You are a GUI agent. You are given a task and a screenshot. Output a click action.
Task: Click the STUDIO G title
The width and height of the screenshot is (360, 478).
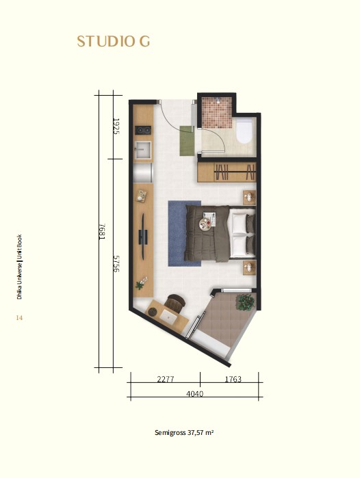[113, 42]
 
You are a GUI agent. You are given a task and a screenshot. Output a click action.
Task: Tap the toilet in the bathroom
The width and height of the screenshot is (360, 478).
[245, 131]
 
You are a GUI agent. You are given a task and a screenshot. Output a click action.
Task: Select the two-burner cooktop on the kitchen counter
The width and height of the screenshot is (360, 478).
[143, 130]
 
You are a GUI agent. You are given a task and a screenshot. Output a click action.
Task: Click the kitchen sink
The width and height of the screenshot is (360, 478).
[143, 150]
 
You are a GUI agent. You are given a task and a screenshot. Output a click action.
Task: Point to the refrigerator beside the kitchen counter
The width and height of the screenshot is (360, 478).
[143, 172]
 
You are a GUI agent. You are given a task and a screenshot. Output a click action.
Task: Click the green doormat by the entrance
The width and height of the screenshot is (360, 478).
[187, 141]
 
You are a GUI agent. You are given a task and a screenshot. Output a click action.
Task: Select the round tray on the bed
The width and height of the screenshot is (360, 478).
[205, 225]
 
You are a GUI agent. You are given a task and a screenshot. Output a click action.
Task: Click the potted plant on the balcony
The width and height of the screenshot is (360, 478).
[245, 302]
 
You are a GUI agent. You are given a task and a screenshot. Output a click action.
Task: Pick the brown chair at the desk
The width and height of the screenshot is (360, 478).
[175, 302]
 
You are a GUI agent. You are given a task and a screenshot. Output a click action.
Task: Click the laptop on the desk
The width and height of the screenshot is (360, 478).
[168, 317]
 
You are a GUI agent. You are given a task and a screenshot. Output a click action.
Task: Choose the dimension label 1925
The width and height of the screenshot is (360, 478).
[116, 127]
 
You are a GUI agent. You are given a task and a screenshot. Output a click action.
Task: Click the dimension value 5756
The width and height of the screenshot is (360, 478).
[116, 264]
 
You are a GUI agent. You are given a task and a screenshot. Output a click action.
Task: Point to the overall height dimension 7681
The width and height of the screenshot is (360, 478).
[102, 232]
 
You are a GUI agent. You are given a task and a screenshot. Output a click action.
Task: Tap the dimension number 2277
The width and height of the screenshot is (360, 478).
[166, 380]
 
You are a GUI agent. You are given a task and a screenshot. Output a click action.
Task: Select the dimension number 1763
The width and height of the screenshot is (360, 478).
[233, 380]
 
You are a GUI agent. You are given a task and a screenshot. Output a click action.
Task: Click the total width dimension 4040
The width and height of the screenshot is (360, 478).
[194, 394]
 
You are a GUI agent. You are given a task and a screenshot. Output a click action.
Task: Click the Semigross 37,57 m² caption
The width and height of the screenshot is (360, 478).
[184, 433]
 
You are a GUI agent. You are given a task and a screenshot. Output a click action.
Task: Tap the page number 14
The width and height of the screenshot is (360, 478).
[19, 318]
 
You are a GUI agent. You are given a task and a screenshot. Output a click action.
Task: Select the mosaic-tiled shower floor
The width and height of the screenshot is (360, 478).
[217, 112]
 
